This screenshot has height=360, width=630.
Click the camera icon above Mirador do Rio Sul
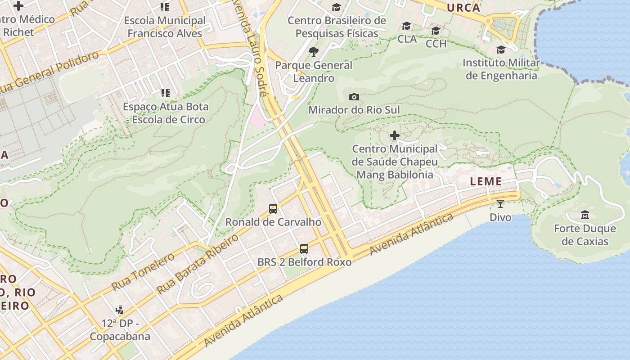coord(354,97)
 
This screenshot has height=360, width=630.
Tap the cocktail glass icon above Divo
coord(500,204)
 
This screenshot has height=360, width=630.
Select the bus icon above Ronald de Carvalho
coord(273,208)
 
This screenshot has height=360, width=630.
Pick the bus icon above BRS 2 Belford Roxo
coord(304,248)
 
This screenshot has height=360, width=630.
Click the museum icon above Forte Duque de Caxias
coord(585,215)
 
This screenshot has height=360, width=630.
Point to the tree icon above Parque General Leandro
coord(314,52)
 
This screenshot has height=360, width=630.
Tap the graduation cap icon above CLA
coord(407,26)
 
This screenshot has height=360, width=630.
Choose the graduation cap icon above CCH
coord(436,31)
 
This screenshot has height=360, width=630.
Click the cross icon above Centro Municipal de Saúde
coord(395,135)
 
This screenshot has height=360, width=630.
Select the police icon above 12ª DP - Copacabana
coord(119,310)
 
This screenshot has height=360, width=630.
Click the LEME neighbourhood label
coord(486,181)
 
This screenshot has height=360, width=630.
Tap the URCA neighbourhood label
coord(463,8)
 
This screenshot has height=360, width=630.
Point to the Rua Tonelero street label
coord(143,271)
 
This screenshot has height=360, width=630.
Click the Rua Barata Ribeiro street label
coord(198,265)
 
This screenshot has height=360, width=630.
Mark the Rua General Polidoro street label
coord(49,72)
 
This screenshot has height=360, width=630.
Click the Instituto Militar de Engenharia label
coord(501,69)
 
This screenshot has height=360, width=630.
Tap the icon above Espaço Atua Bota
coord(165,93)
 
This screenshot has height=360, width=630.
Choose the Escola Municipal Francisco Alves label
coord(165,27)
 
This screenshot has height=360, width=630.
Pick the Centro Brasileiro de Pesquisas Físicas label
coord(337,27)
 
